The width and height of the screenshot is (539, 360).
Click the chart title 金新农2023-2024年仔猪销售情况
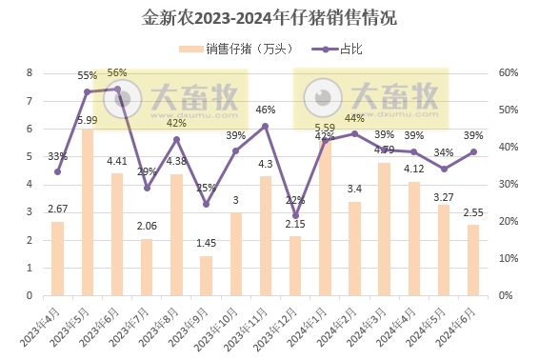pos(269,17)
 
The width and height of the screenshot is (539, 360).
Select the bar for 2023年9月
pos(206,275)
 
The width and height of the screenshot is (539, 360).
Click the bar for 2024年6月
pos(472,259)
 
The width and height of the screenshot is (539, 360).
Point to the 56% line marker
pos(117,89)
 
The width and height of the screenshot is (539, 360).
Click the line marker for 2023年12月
pos(294,215)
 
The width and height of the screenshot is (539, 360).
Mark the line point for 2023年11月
pos(265,126)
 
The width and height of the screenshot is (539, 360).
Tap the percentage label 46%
pos(266,110)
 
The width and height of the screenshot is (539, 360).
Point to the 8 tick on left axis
pos(30,72)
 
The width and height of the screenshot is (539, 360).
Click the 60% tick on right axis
pos(508,72)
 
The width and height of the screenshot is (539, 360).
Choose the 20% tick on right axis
pos(508,221)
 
